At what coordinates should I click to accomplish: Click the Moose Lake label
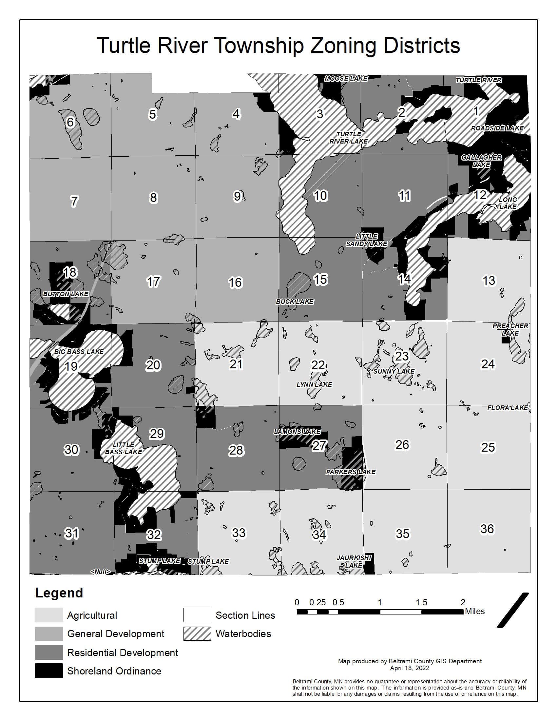coord(346,78)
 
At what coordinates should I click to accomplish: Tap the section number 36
coord(487,529)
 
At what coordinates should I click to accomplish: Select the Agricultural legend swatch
coord(49,615)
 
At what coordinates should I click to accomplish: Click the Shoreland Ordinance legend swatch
coord(49,671)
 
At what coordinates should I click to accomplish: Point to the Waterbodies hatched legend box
coord(197,633)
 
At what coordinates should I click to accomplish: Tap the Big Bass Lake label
coord(79,352)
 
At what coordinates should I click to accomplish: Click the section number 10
coord(320,196)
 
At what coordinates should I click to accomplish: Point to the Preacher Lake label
coord(510,329)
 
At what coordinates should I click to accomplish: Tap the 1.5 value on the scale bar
coord(421,602)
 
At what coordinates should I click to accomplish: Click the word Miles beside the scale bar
coord(474,612)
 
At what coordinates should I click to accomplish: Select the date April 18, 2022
coord(410,668)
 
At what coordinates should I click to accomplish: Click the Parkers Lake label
coord(351,472)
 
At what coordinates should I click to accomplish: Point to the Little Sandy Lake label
coord(366,240)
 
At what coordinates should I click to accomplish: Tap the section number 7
coord(74,201)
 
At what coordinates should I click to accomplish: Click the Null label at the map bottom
coord(100,572)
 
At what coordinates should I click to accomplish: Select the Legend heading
coord(59,593)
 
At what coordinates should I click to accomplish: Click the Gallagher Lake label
coord(481,161)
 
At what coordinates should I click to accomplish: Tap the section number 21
coord(236,364)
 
